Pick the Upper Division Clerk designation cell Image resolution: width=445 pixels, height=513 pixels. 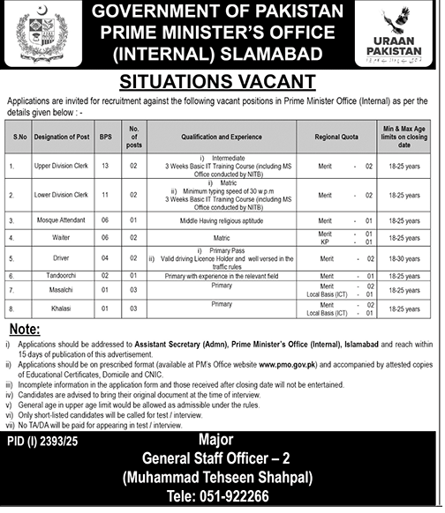tap(62, 165)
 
